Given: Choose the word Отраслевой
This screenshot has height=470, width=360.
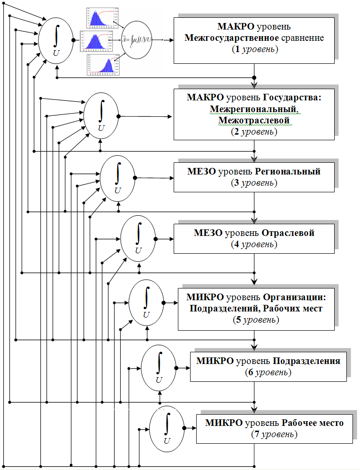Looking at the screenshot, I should pyautogui.click(x=288, y=233).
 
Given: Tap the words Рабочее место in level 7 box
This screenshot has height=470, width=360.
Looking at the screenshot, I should pyautogui.click(x=313, y=423).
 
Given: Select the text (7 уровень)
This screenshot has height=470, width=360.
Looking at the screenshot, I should pyautogui.click(x=274, y=434).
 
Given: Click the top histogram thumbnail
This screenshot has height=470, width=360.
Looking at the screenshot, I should pyautogui.click(x=99, y=17).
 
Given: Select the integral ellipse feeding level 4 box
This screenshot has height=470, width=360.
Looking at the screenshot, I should pyautogui.click(x=138, y=239).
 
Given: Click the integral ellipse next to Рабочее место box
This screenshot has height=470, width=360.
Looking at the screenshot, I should pyautogui.click(x=167, y=428).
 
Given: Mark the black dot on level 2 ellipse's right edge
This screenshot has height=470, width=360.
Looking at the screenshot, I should pyautogui.click(x=118, y=116).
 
